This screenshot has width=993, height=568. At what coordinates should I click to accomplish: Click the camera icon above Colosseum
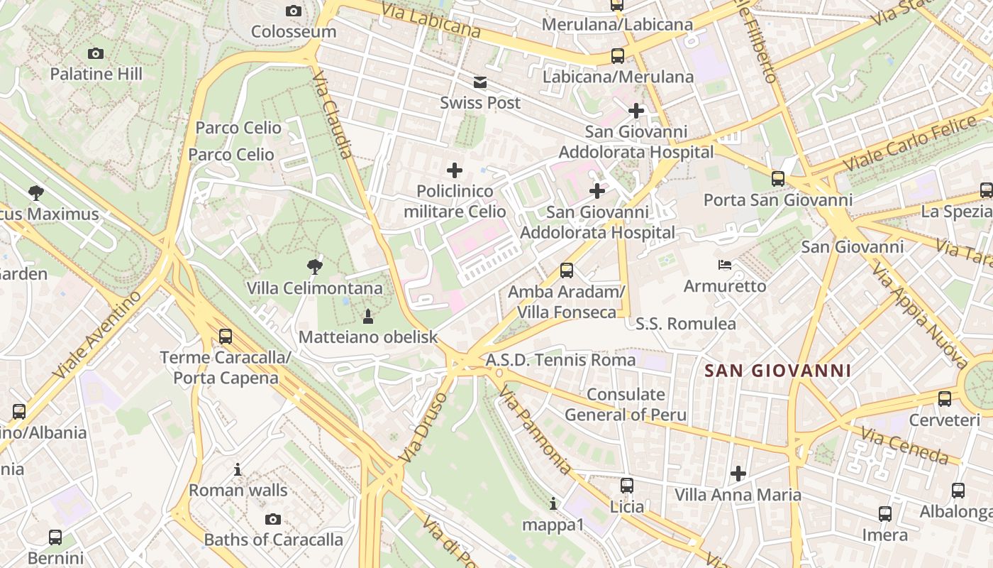coord(293,11)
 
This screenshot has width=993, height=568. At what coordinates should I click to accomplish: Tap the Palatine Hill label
coord(96,74)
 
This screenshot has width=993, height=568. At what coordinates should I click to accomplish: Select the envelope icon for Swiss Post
coord(480,82)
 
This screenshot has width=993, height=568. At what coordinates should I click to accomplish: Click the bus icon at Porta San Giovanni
coord(778,179)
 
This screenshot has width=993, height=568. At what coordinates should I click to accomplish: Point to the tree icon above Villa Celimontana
coord(314,267)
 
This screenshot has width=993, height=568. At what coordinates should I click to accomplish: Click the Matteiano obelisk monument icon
coord(367,316)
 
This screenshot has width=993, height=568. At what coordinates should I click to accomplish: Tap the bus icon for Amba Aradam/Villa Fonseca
coord(566,271)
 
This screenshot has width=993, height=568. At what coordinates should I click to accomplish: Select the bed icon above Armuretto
coord(725,266)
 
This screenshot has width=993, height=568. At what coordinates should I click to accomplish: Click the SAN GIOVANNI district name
coord(777,371)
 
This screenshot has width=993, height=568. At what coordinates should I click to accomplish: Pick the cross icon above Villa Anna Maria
coord(738,474)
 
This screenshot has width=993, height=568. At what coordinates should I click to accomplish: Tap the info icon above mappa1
coord(553,504)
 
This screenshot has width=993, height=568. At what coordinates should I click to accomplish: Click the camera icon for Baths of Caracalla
coord(273,520)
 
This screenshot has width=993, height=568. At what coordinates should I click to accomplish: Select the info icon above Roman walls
coord(238,470)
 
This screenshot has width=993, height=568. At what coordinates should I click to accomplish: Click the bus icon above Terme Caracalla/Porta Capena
coord(226,337)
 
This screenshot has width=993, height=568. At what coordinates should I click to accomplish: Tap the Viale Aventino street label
coord(99,334)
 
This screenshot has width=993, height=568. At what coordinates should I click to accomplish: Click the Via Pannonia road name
coord(534,431)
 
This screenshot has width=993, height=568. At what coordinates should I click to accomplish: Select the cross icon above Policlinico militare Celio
coord(455,170)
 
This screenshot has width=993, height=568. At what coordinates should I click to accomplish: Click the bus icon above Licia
coord(627,486)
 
